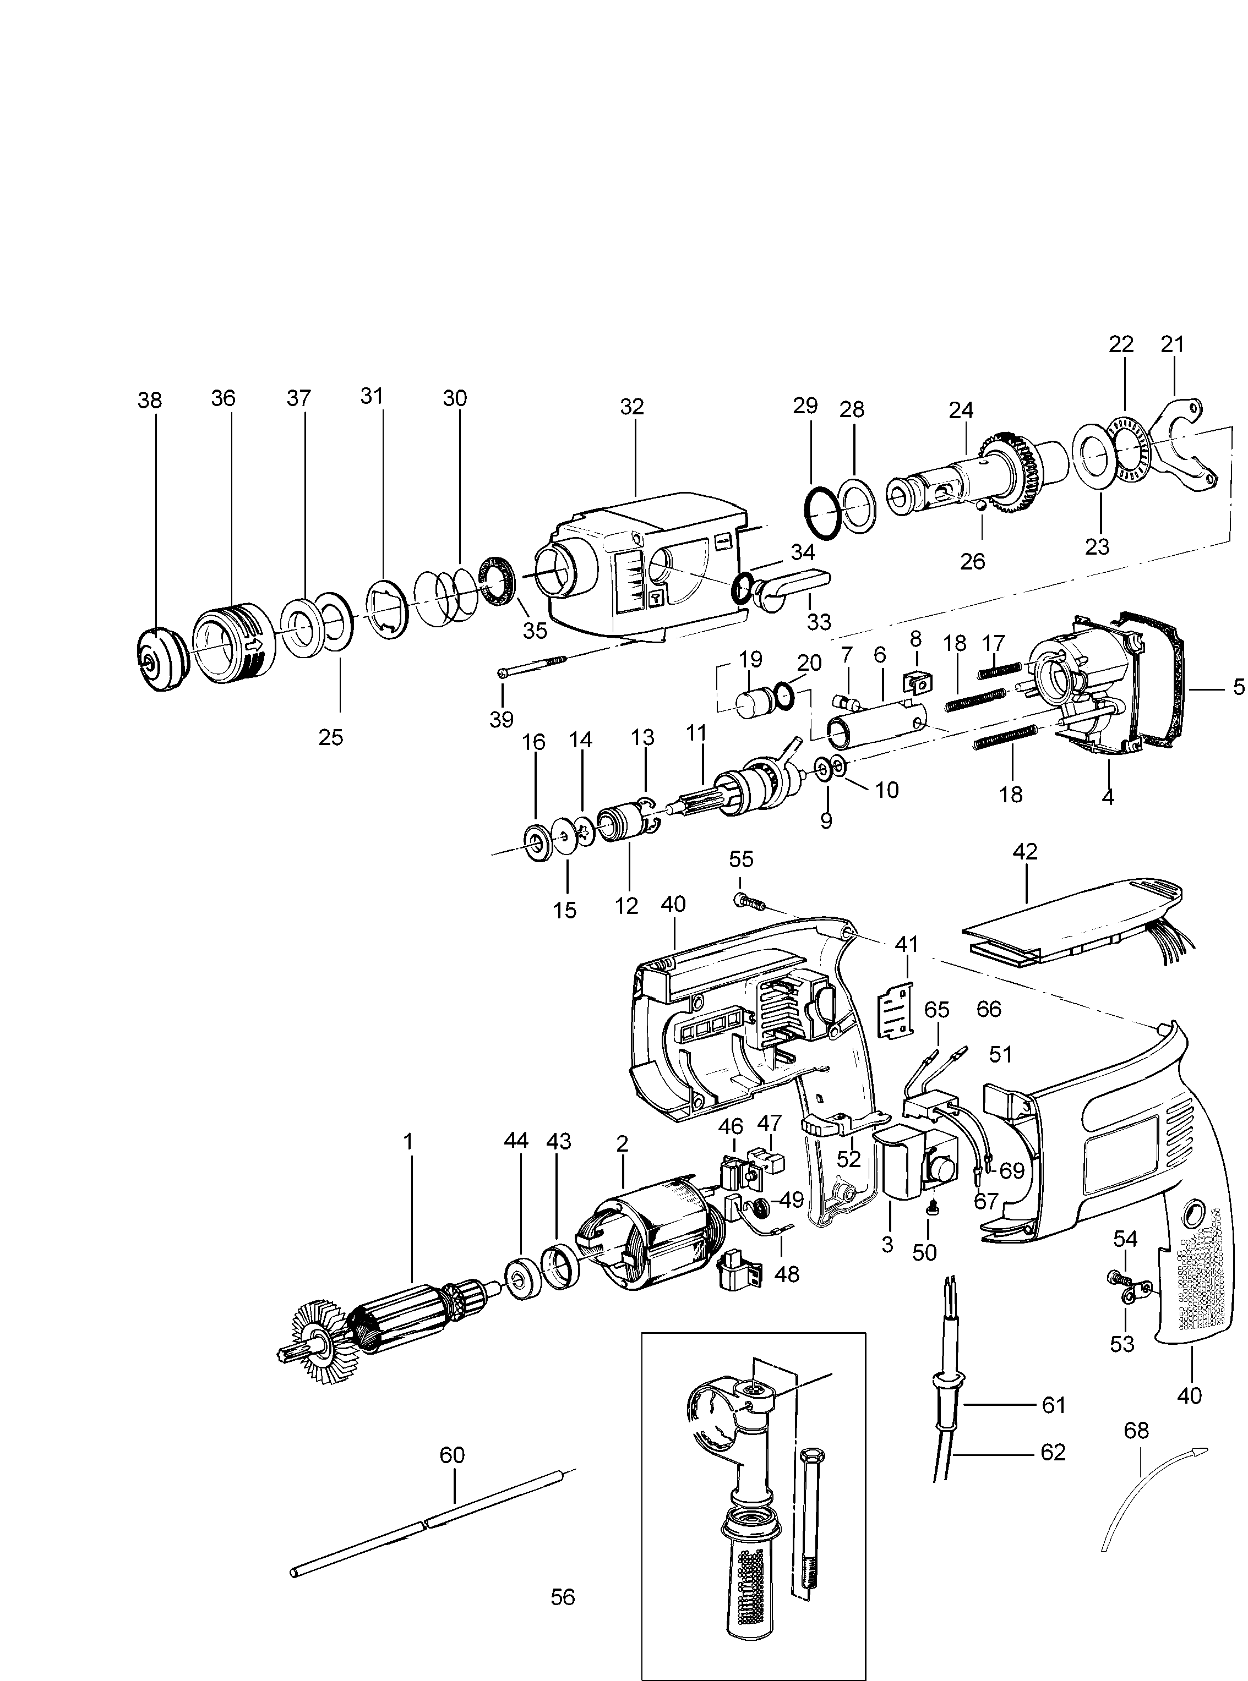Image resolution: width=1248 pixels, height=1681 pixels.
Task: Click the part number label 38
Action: pyautogui.click(x=150, y=399)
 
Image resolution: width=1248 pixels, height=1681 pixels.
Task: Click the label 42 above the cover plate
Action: pyautogui.click(x=1024, y=851)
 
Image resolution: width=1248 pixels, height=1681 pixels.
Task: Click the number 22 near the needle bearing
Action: pyautogui.click(x=1121, y=344)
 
